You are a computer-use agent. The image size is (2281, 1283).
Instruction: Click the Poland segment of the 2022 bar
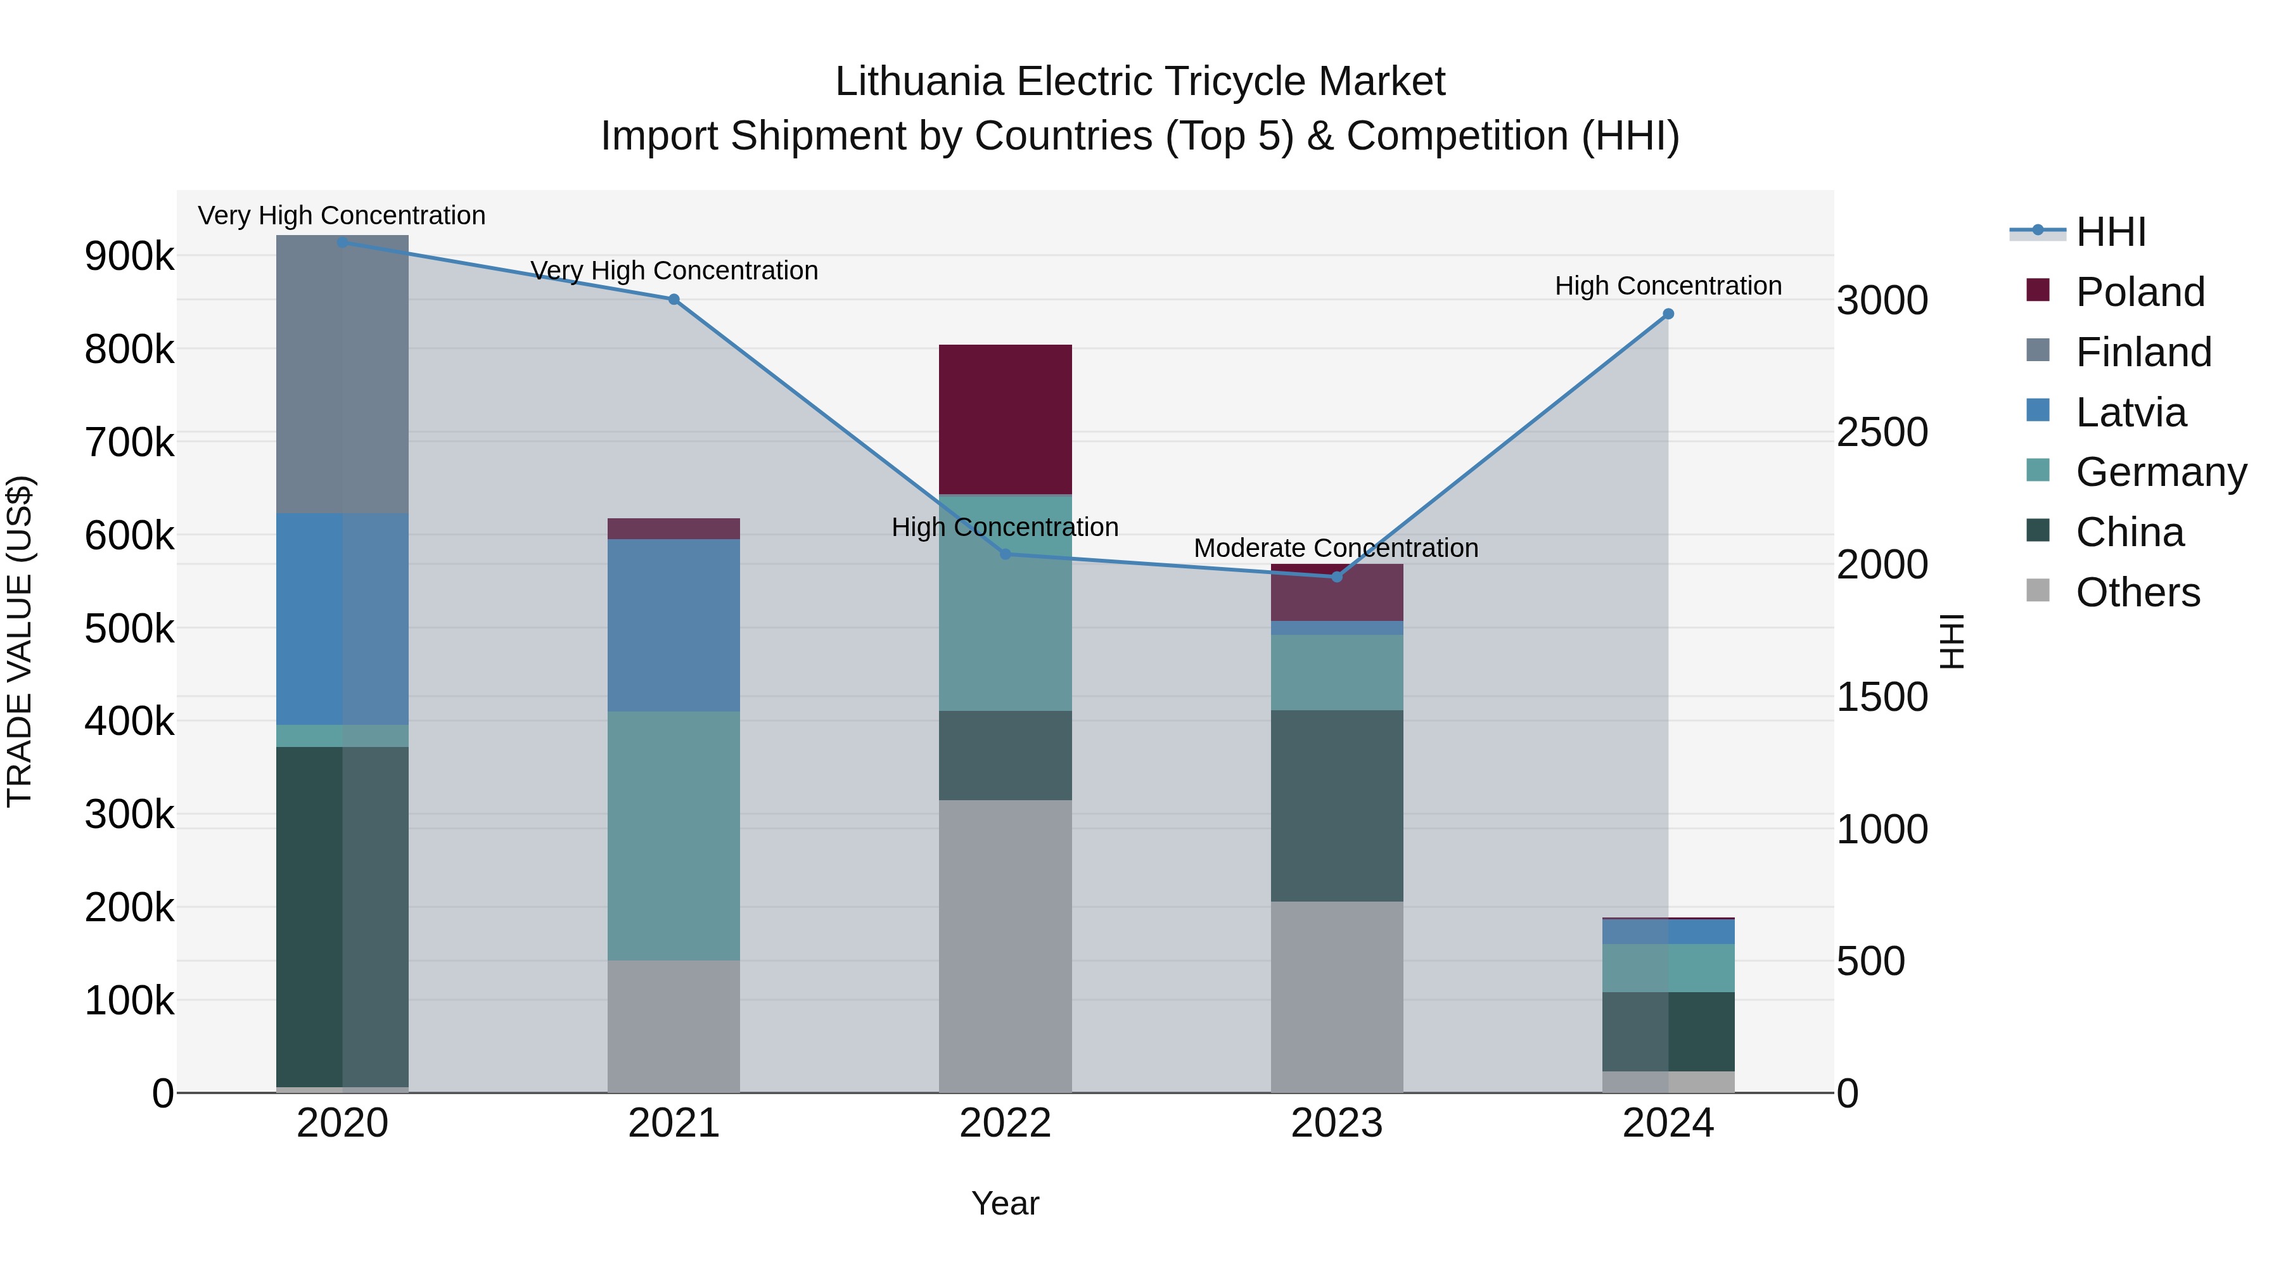coord(1005,419)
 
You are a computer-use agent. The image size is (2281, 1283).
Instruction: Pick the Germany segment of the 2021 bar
coord(674,836)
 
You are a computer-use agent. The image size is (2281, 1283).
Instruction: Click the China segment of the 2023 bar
coord(1337,806)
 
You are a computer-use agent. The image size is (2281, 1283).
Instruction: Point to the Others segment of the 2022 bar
coord(1005,946)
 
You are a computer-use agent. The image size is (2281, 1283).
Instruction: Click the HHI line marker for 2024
coord(1668,314)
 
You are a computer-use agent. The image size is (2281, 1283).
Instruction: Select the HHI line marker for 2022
coord(1005,554)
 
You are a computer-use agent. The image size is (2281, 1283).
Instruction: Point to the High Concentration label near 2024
coord(1668,286)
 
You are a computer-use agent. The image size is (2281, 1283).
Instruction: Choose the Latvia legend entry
coord(2130,412)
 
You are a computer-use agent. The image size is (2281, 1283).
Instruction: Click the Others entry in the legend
coord(2137,592)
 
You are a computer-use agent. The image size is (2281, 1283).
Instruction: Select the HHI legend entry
coord(2110,232)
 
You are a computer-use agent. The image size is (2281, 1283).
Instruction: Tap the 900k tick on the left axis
coord(129,257)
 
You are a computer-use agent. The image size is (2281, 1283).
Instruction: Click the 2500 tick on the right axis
coord(1882,433)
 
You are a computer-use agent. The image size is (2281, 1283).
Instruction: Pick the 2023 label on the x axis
coord(1337,1123)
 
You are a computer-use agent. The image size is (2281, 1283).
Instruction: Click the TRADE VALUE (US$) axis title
coord(20,641)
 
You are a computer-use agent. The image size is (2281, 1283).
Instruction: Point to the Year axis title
coord(1005,1203)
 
